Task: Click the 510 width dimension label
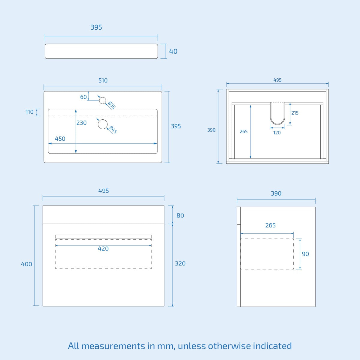click(x=103, y=80)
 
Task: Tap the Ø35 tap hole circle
click(x=103, y=100)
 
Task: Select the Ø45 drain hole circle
click(x=103, y=124)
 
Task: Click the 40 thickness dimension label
click(x=173, y=51)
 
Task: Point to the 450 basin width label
click(x=60, y=139)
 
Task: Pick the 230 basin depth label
click(x=82, y=123)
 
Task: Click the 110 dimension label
click(x=29, y=112)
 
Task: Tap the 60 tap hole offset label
click(x=83, y=97)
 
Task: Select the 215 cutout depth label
click(x=295, y=113)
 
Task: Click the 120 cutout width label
click(x=277, y=133)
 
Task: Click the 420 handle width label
click(x=103, y=249)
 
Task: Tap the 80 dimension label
click(x=180, y=216)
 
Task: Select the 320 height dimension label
click(x=180, y=264)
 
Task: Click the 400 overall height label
click(x=26, y=264)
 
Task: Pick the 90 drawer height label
click(x=305, y=254)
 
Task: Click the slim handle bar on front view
click(x=103, y=236)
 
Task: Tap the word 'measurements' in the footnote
click(x=113, y=346)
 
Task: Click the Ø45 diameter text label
click(x=113, y=130)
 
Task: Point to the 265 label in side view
click(x=271, y=225)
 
